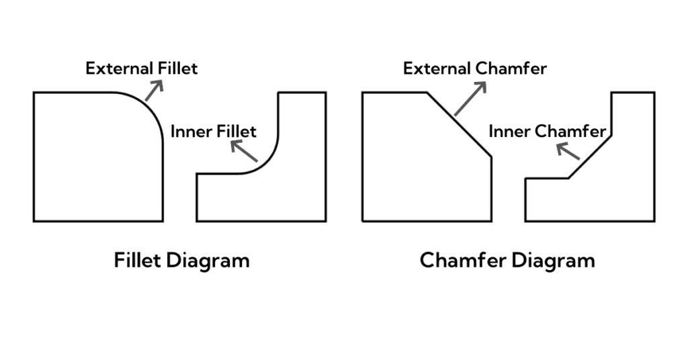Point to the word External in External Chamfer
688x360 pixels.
[437, 69]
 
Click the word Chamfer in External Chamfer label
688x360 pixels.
[511, 69]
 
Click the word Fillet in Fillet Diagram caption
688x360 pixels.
[137, 261]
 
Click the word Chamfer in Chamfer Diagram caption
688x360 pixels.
[463, 261]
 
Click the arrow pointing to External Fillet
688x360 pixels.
[154, 90]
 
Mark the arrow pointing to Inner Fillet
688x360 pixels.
[244, 150]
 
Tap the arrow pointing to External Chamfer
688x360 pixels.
[470, 99]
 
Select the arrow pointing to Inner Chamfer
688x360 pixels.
[568, 151]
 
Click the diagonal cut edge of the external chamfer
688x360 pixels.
[459, 124]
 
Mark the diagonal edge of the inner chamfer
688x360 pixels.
[590, 157]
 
